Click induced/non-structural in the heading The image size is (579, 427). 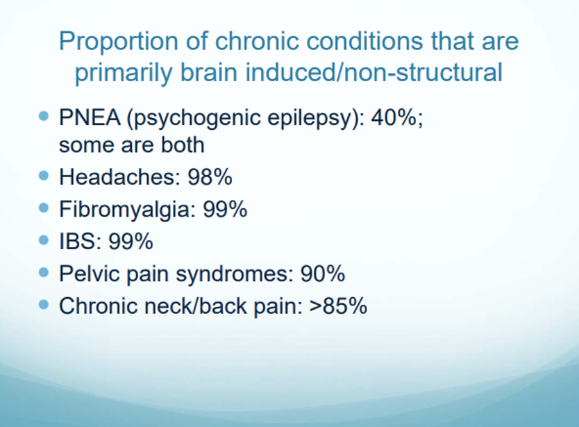point(374,72)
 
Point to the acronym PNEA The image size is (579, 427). point(90,118)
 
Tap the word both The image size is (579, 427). point(183,144)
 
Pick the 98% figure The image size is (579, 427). point(210,176)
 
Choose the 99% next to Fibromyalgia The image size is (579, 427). point(225,209)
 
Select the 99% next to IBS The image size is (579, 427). point(131,241)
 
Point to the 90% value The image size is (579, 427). point(323,274)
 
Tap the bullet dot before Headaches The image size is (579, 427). point(44,176)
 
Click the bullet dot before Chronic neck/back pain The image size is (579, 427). point(44,305)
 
